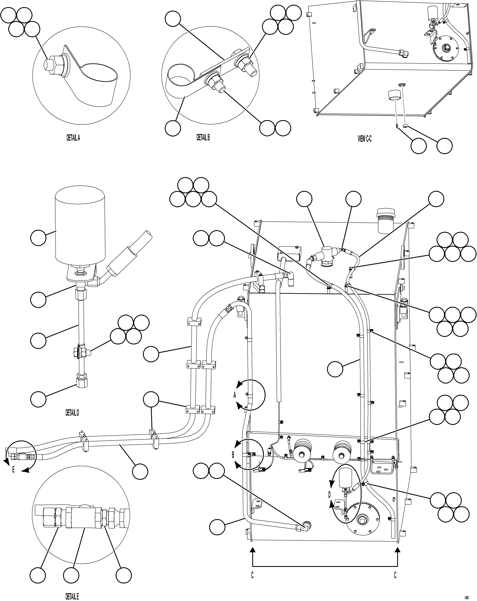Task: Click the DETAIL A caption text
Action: pos(73,138)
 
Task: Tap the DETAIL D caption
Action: pos(72,413)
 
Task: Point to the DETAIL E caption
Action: pos(72,596)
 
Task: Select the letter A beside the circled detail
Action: pos(235,395)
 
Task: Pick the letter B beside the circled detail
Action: pos(233,455)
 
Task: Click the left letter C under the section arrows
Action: pos(252,575)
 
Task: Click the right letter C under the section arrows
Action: pos(395,575)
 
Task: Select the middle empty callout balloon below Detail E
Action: pos(71,575)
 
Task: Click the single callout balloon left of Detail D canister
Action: pos(38,238)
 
